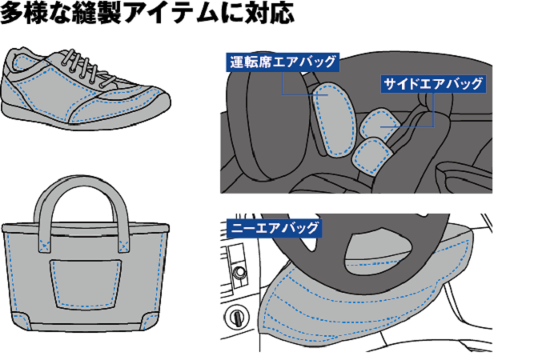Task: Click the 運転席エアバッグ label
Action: tap(283, 62)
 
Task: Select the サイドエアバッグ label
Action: tap(432, 83)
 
